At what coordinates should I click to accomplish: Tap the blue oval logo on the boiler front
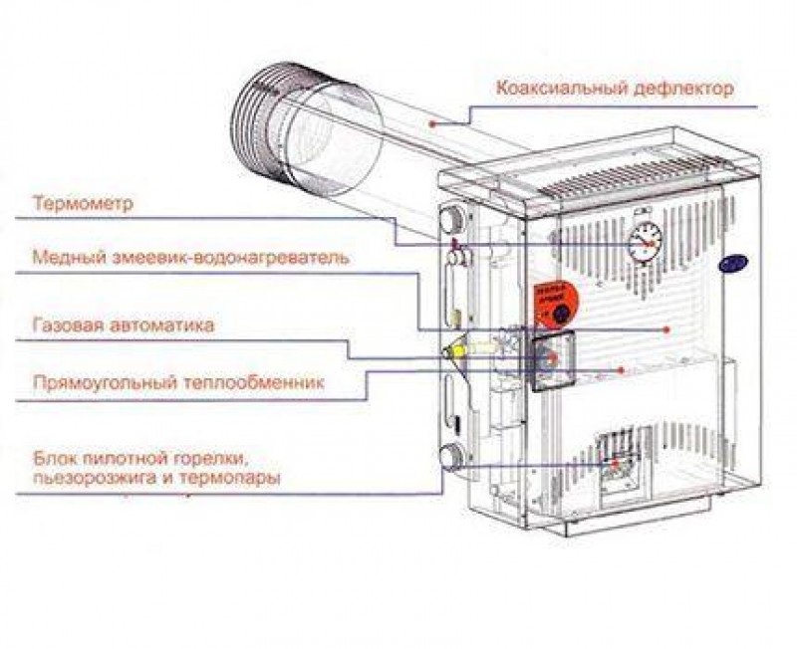click(x=733, y=262)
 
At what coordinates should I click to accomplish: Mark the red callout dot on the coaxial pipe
click(x=432, y=123)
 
